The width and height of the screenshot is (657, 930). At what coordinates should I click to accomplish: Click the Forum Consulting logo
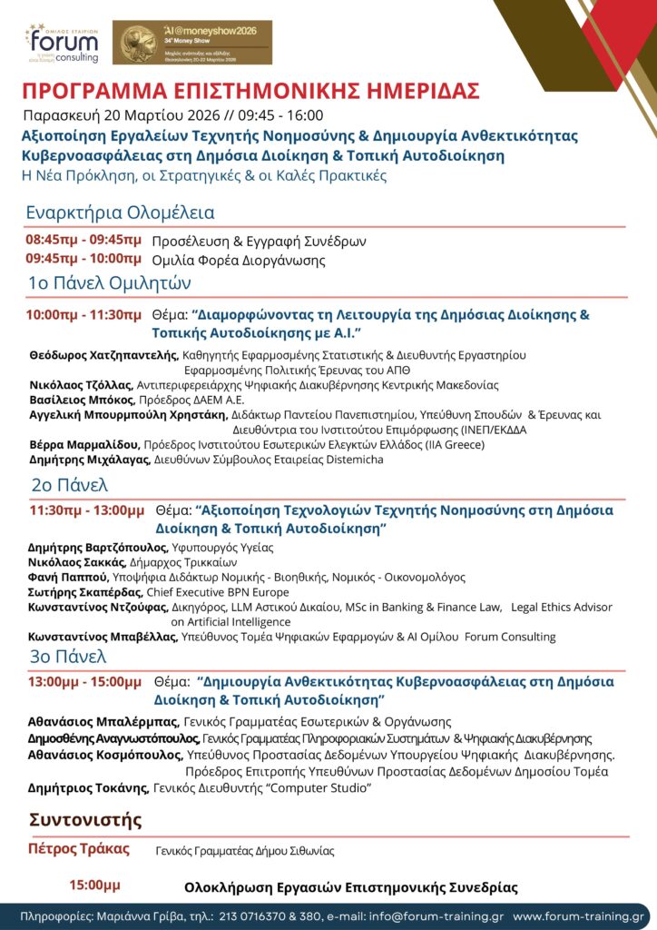[x=61, y=43]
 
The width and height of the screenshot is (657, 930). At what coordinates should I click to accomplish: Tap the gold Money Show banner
[x=191, y=43]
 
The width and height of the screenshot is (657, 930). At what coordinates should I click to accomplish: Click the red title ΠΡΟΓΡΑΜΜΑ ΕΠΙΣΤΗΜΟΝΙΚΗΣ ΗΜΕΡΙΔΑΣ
[x=250, y=93]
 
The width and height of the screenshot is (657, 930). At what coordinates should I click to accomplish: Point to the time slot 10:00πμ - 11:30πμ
[x=83, y=315]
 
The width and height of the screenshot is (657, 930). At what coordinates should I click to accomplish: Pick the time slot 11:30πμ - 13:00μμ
[x=86, y=510]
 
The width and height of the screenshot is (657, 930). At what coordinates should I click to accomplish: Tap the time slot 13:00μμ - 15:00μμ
[x=85, y=680]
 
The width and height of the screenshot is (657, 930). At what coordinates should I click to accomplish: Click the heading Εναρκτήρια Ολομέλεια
[x=120, y=213]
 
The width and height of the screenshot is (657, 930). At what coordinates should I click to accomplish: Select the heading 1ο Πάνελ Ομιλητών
[x=109, y=282]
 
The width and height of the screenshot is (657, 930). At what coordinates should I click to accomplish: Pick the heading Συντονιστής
[x=86, y=819]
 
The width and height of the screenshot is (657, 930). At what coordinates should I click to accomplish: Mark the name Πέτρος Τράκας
[x=80, y=849]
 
